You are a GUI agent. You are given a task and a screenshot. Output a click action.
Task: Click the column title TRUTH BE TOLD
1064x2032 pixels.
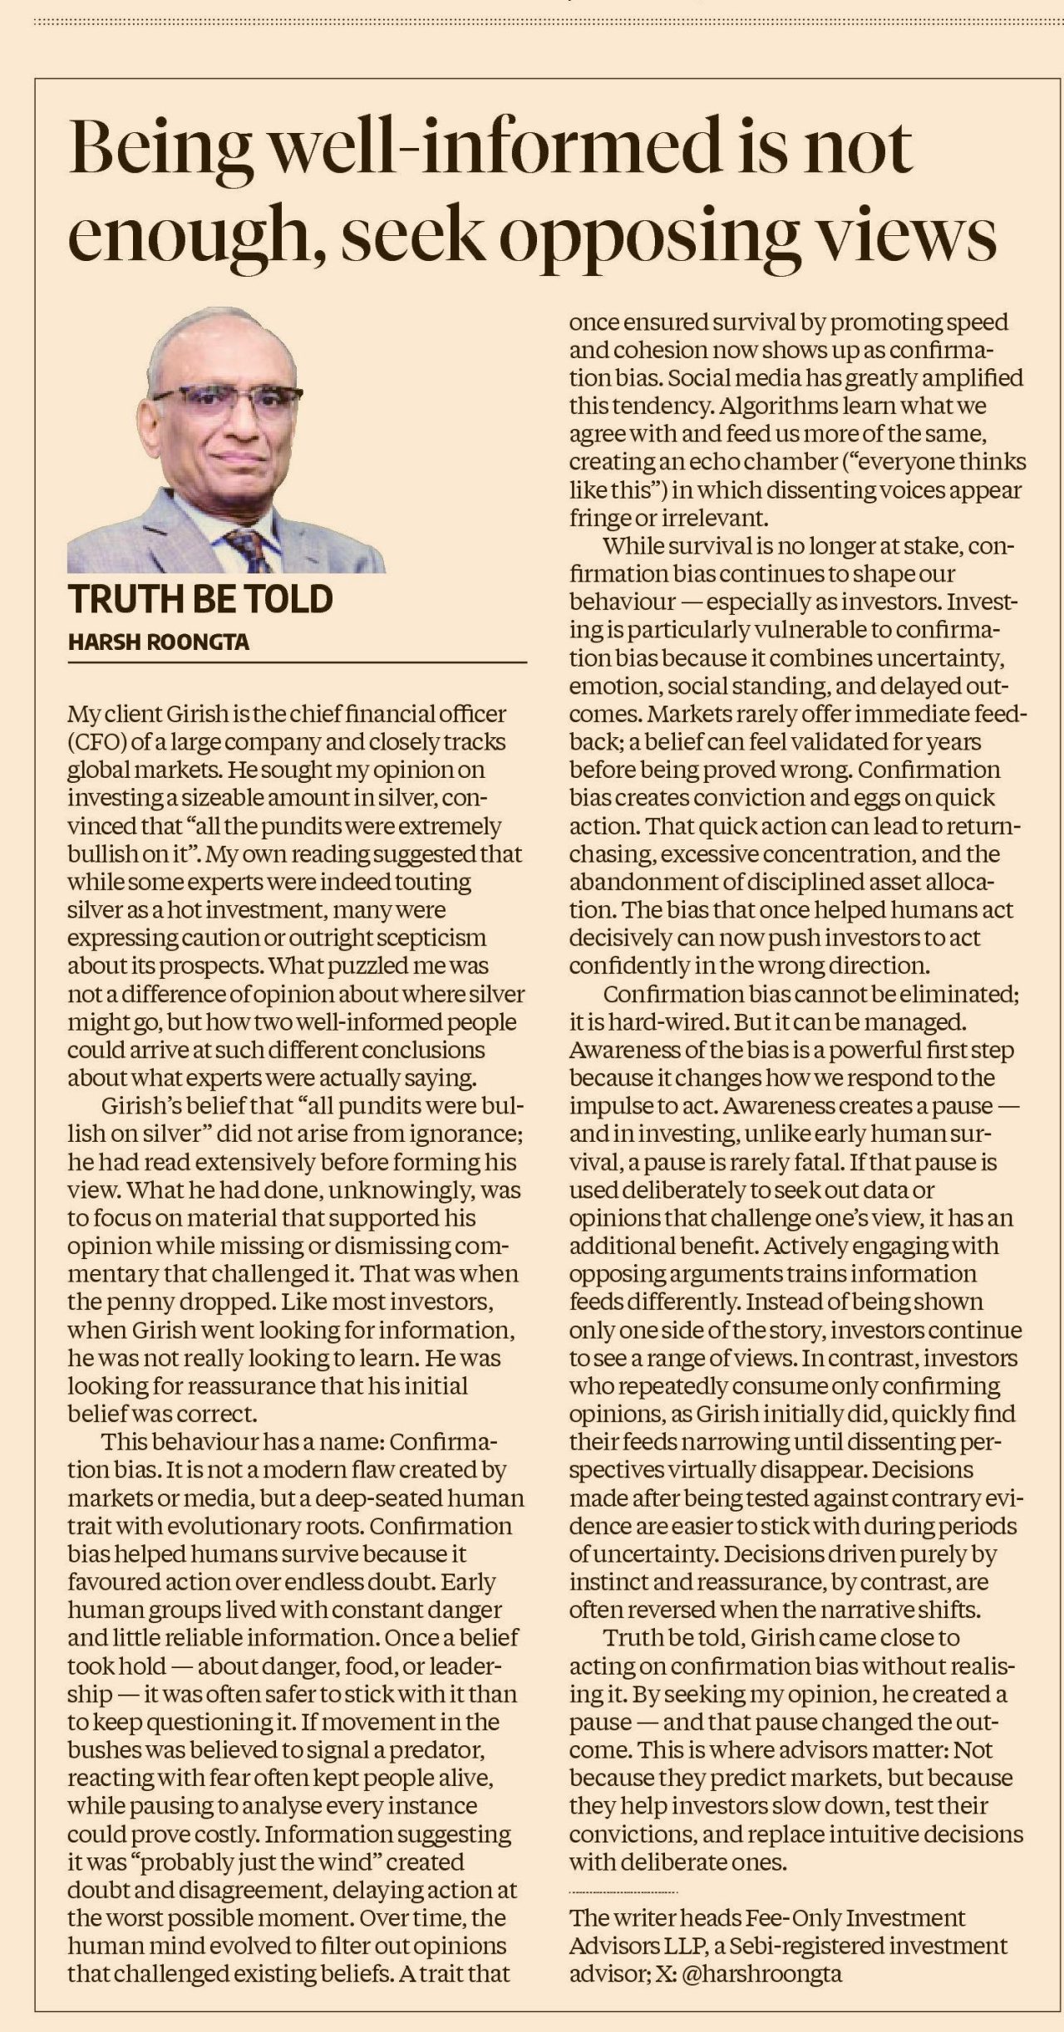[200, 599]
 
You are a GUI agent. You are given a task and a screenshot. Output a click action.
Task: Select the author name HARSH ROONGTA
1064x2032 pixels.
[158, 642]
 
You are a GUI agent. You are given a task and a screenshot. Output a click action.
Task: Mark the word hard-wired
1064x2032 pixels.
[660, 1021]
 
